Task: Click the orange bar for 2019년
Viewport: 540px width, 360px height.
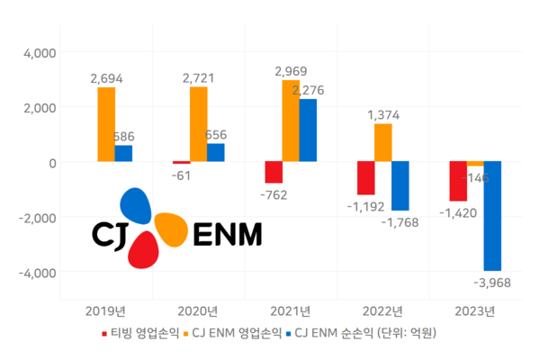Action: [106, 124]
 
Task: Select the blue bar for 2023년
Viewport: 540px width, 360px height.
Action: [492, 216]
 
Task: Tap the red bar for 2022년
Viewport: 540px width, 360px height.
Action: [365, 178]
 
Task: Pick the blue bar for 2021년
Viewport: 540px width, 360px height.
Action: [308, 130]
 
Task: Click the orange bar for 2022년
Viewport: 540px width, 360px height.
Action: [382, 143]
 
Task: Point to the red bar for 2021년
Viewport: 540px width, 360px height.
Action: [274, 172]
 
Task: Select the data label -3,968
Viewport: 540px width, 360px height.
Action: [492, 283]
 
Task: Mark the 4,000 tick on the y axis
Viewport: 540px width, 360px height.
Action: [38, 53]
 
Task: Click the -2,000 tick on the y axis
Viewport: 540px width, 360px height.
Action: [36, 218]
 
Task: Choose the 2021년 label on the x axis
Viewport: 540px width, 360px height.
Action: [291, 311]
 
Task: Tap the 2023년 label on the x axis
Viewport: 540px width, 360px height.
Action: [475, 311]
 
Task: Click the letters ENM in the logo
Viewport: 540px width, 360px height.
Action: [226, 234]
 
